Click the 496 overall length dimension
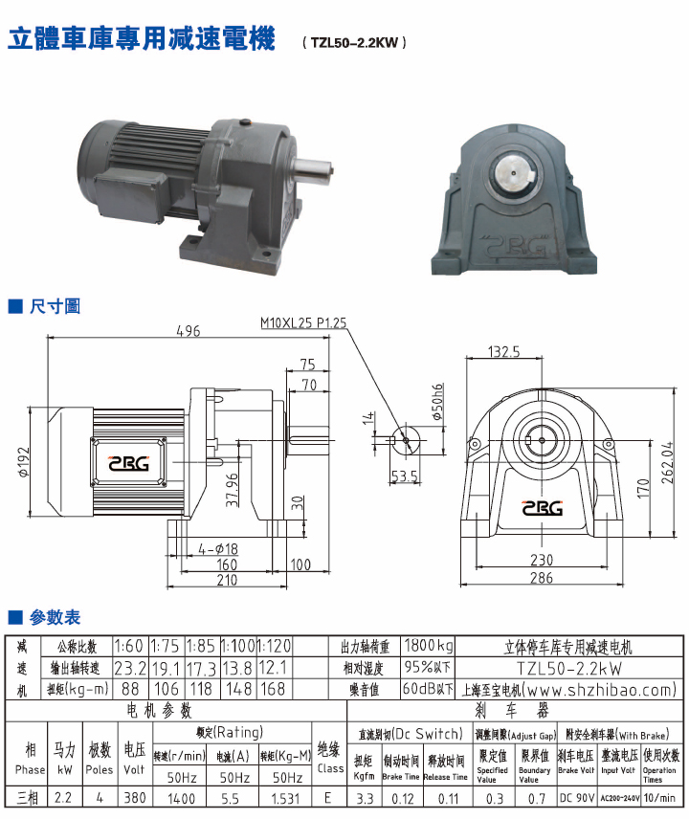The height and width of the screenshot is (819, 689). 188,331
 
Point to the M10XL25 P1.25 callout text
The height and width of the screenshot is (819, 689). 303,323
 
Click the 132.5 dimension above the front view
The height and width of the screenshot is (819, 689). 503,352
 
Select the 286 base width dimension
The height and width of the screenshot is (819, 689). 542,578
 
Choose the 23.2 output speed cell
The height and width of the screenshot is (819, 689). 130,667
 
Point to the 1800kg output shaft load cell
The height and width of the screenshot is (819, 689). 428,646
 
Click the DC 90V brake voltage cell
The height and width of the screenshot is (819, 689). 575,796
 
